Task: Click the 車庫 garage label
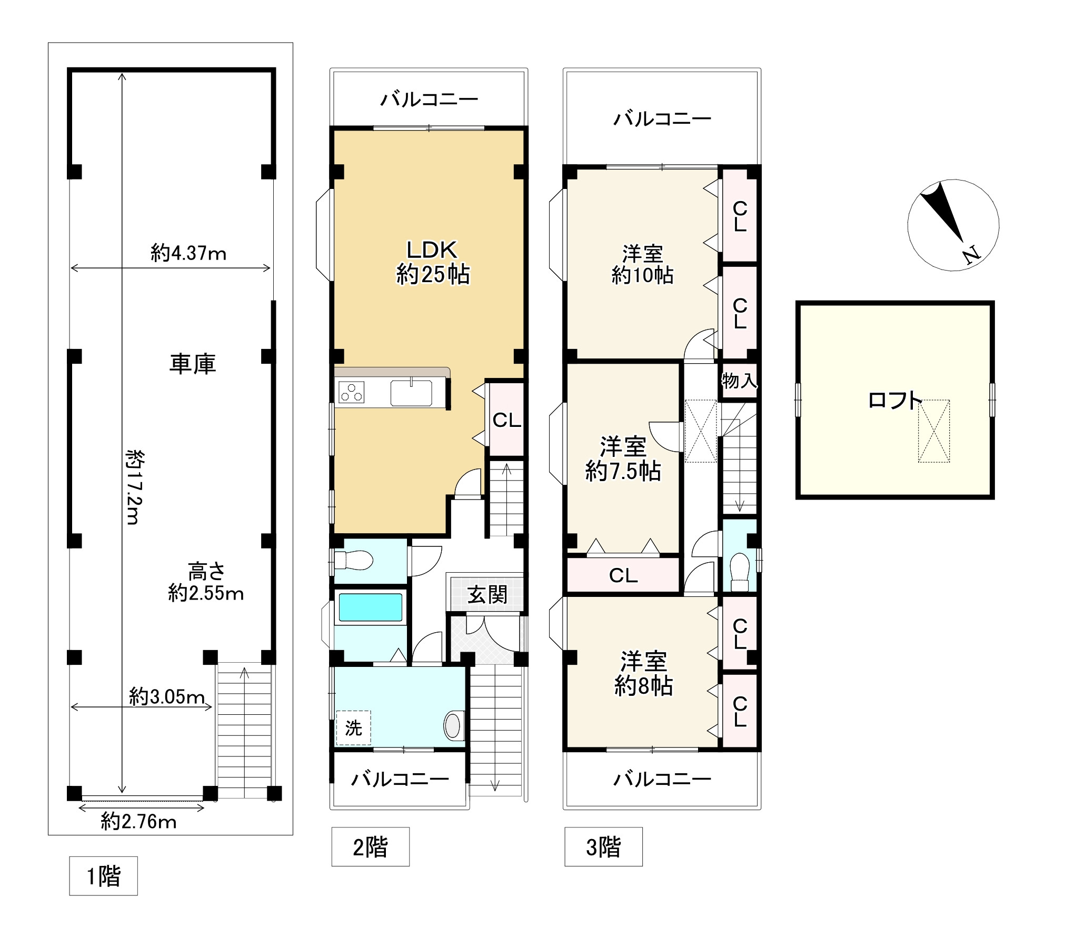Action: (192, 364)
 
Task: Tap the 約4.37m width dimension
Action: (188, 254)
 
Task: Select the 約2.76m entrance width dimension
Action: (138, 822)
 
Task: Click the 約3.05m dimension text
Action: (167, 697)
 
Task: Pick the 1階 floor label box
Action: (103, 876)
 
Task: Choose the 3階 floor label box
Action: (603, 847)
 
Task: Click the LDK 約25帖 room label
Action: (433, 262)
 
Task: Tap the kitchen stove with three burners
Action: (351, 392)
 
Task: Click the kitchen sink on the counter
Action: (411, 393)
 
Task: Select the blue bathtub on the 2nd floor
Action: (371, 607)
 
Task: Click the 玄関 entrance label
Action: (487, 595)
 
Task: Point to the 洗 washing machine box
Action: (353, 728)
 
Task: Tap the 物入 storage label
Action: (739, 380)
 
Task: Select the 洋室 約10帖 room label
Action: (642, 264)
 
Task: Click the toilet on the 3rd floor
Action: (740, 572)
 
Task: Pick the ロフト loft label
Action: (895, 401)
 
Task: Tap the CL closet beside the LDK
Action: (506, 420)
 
